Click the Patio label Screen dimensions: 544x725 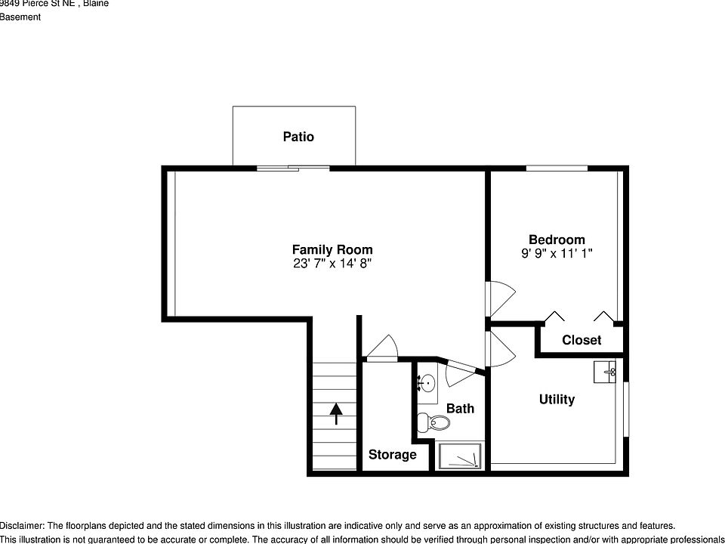pos(298,137)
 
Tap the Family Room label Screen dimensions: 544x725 pos(332,249)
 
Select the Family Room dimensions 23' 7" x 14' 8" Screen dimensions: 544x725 pos(332,264)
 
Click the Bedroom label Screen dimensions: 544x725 pos(557,240)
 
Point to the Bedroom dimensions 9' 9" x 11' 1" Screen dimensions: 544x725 pos(557,254)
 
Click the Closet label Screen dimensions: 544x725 pos(582,340)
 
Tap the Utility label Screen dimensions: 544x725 pos(557,399)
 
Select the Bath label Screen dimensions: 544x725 pos(460,408)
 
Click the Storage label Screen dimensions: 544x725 pos(392,454)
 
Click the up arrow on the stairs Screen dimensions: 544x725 pos(335,413)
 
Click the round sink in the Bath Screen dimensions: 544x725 pos(426,384)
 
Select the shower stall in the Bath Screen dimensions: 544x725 pos(460,456)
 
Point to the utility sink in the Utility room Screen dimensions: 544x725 pos(606,371)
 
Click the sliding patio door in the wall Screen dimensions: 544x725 pos(292,167)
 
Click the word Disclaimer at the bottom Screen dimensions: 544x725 pos(22,525)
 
